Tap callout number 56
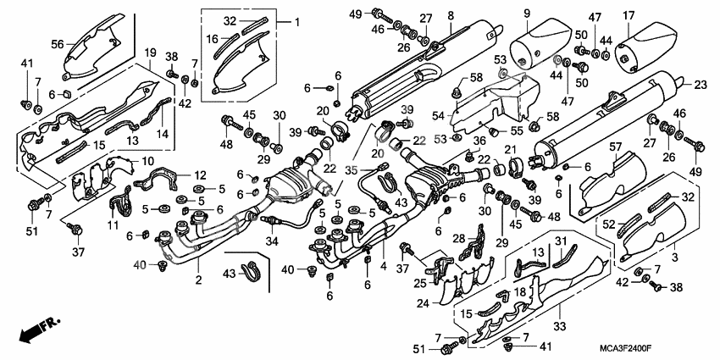click(x=58, y=44)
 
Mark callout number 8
click(x=451, y=14)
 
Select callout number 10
click(x=147, y=161)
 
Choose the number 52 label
click(x=607, y=224)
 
